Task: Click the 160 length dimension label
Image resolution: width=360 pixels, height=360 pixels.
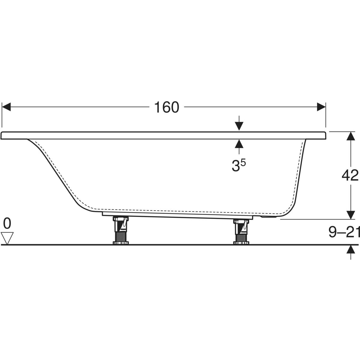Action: (x=166, y=107)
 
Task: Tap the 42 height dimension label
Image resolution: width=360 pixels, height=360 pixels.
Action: (x=350, y=175)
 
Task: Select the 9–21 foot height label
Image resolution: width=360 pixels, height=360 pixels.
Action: (x=344, y=232)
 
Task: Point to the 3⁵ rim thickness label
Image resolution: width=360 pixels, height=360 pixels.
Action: (x=238, y=165)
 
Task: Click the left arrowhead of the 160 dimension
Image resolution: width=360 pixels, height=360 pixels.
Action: (x=6, y=107)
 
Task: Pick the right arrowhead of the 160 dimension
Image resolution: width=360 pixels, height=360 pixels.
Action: (x=321, y=107)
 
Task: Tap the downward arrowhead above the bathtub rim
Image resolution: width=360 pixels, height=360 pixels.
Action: (x=239, y=126)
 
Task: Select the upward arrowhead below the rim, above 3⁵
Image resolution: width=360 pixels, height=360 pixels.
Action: (x=239, y=144)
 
